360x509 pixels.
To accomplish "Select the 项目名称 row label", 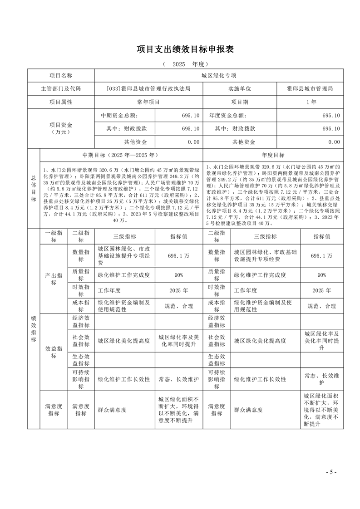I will [61, 75].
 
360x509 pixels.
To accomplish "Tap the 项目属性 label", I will [61, 102].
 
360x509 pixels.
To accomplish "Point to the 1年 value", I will [310, 102].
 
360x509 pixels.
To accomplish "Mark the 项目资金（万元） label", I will [61, 128].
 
